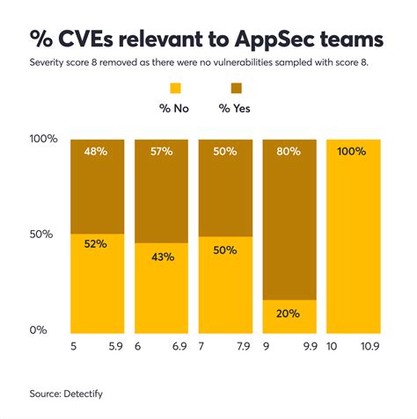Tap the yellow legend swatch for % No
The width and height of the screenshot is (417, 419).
[x=175, y=88]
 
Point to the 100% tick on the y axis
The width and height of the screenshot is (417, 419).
[x=44, y=139]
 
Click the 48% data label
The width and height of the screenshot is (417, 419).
[x=97, y=152]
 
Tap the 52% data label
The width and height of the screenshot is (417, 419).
[x=97, y=244]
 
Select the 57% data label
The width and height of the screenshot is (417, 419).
[x=161, y=152]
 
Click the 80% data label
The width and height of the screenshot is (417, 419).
[x=289, y=152]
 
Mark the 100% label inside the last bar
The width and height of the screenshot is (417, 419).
[x=354, y=152]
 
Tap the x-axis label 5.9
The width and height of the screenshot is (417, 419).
[x=115, y=348]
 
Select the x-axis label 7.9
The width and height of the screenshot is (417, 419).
[x=244, y=348]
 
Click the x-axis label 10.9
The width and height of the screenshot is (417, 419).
[x=369, y=348]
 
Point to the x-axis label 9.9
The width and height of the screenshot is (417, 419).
[x=308, y=348]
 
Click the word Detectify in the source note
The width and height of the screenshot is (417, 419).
[x=82, y=394]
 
